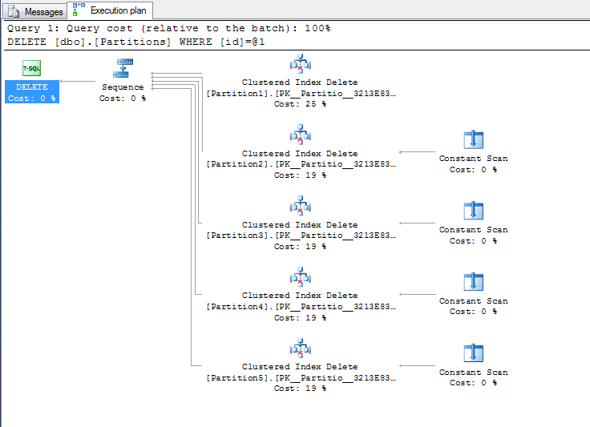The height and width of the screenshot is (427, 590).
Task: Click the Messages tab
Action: click(x=36, y=11)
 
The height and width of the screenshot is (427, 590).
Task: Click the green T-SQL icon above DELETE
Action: click(x=31, y=69)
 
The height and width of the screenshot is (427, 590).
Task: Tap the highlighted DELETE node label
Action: click(x=32, y=87)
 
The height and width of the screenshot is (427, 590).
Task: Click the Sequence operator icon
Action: click(x=123, y=68)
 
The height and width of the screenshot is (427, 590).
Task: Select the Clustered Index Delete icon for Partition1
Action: click(x=300, y=63)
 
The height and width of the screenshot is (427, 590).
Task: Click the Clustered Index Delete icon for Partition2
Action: click(x=300, y=135)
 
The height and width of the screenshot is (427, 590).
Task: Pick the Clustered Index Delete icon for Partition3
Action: click(x=300, y=206)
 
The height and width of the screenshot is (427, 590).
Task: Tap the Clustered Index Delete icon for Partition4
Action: click(x=300, y=276)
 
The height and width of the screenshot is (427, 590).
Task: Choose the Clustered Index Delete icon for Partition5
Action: click(x=300, y=348)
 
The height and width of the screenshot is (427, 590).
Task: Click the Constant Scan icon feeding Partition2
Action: click(x=473, y=140)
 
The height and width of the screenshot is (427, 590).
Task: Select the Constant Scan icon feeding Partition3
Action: click(x=473, y=211)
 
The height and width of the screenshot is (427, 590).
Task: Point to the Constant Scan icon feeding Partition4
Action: click(x=473, y=282)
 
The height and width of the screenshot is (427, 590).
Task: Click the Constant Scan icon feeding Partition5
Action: click(x=473, y=353)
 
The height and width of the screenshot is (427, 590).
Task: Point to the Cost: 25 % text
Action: click(x=300, y=104)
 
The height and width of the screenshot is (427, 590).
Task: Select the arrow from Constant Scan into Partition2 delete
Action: click(x=417, y=152)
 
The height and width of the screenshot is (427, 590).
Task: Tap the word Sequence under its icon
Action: click(x=123, y=87)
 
